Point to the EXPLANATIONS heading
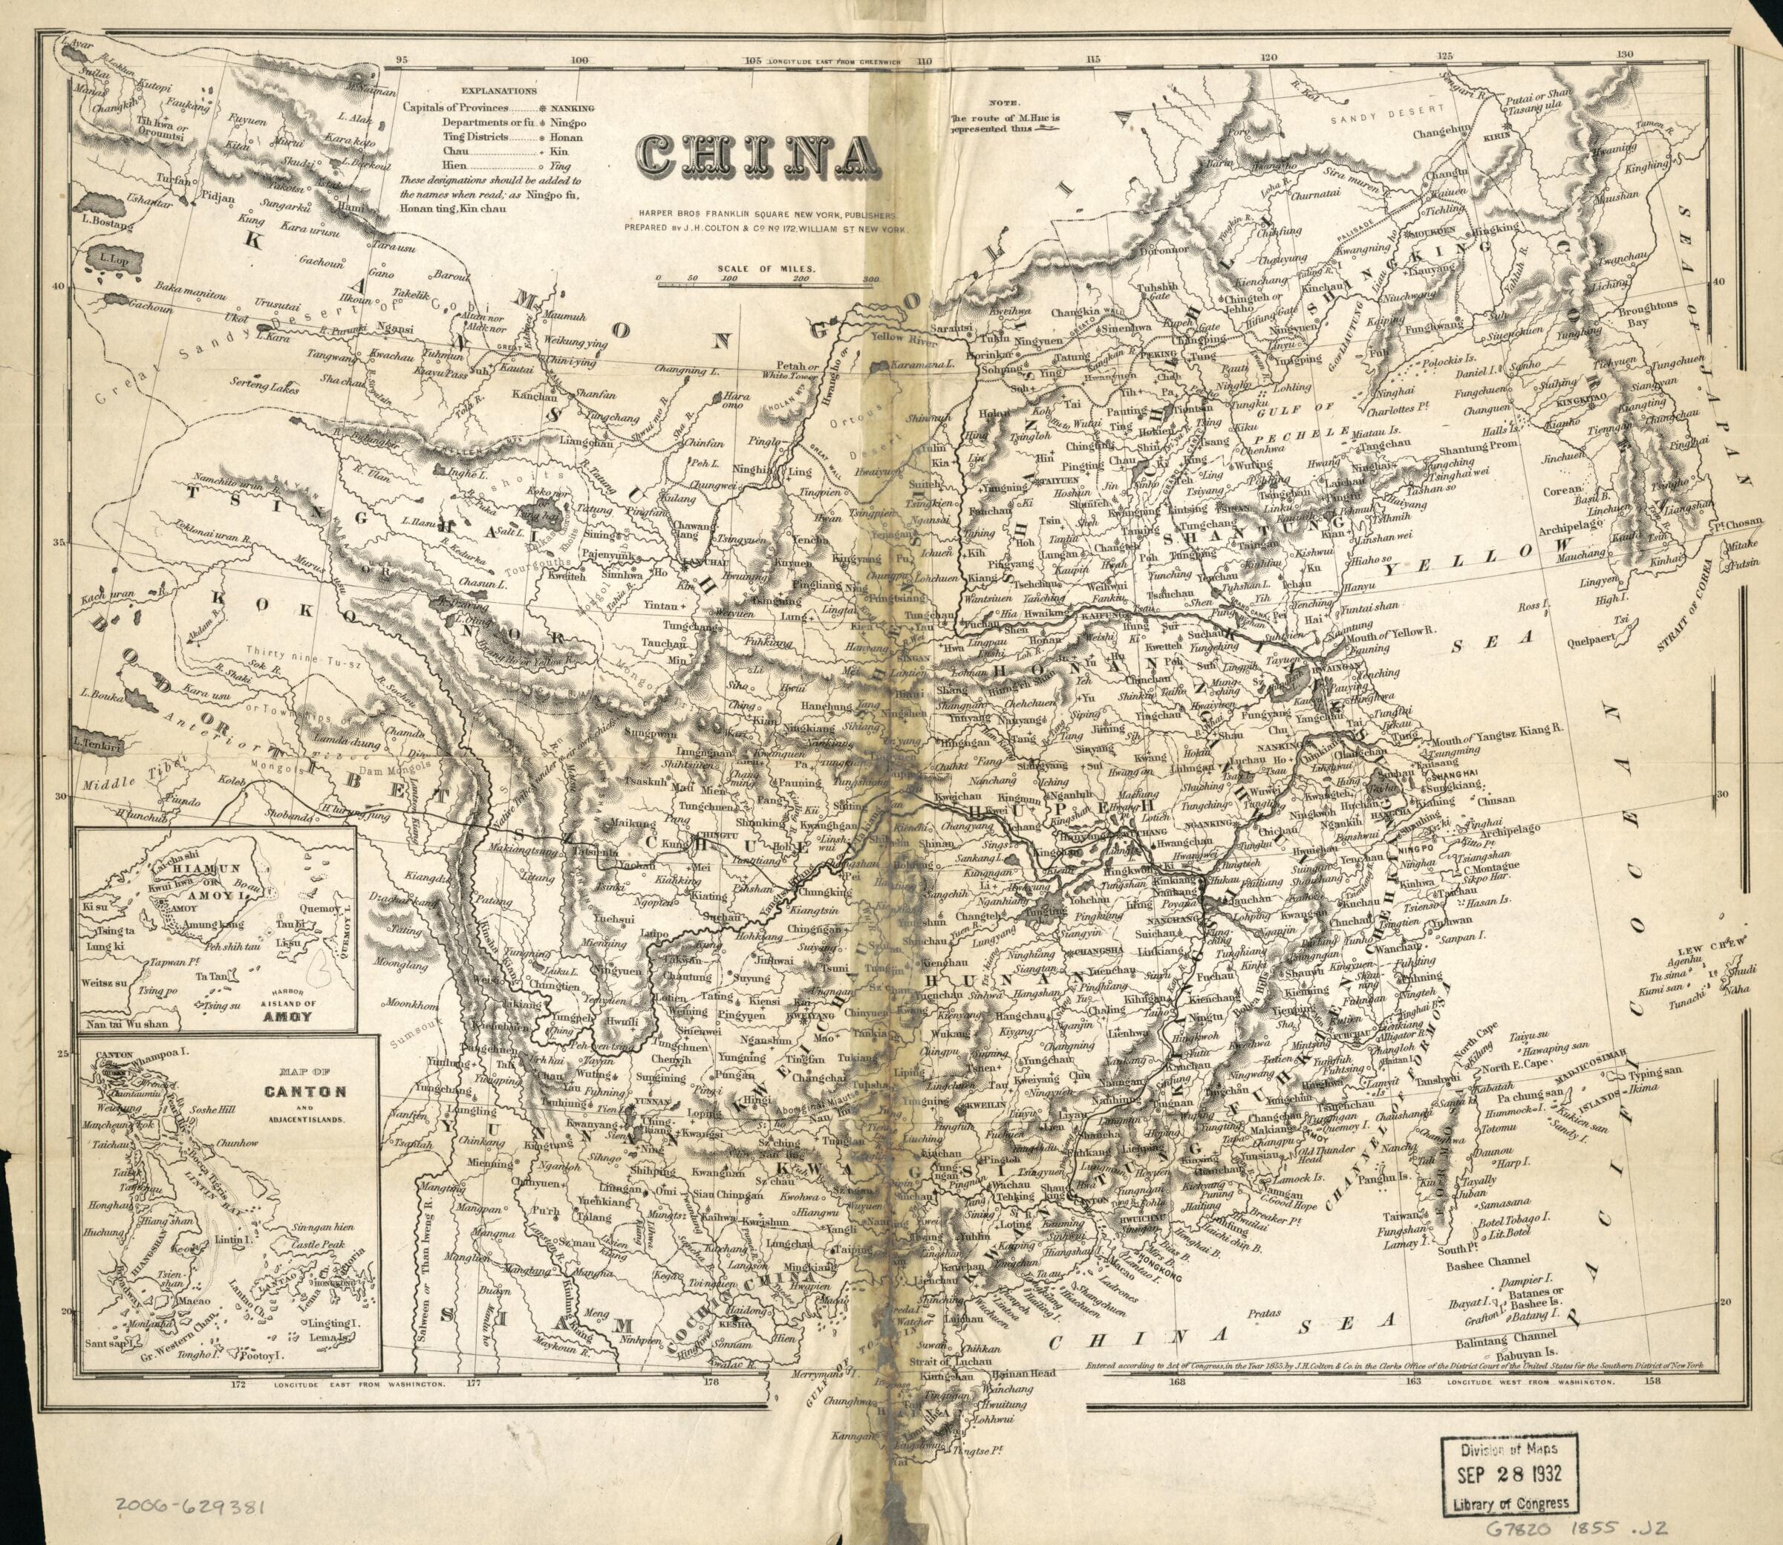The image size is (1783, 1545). (x=498, y=90)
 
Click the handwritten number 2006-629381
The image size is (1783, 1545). (x=189, y=1507)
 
